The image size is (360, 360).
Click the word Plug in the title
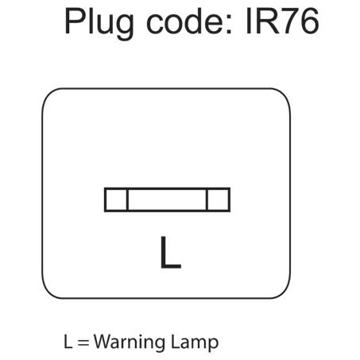(x=99, y=24)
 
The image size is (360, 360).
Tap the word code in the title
(x=185, y=21)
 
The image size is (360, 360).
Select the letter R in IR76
(x=267, y=21)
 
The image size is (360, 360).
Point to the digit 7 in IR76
(x=291, y=21)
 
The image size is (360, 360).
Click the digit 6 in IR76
(x=309, y=21)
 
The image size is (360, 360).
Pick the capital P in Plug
(x=75, y=21)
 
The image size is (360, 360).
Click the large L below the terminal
(x=171, y=252)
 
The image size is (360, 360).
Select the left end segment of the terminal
(x=116, y=199)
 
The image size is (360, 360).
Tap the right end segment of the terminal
(x=219, y=199)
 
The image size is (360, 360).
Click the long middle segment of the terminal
(x=167, y=199)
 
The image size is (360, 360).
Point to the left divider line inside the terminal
(x=128, y=199)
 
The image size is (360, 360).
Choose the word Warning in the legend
(x=130, y=342)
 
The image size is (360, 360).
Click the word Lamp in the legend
(x=195, y=342)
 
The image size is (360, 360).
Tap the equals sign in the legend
(x=83, y=343)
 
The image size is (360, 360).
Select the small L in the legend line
(x=68, y=341)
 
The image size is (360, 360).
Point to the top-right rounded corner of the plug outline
(x=285, y=95)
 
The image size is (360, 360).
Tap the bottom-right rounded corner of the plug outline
(x=285, y=292)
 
